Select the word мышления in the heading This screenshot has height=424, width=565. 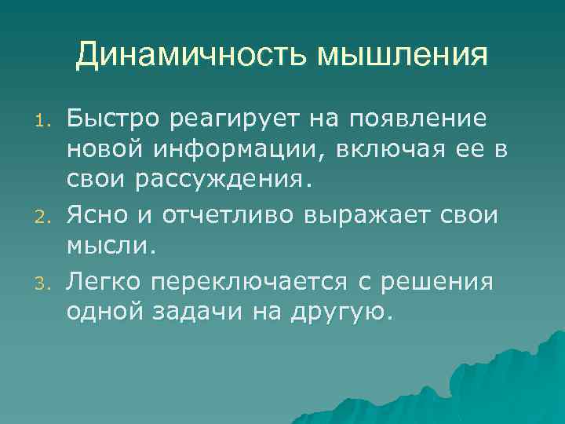pos(402,55)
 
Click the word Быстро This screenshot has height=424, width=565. pos(110,119)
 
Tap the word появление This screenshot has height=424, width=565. pos(414,119)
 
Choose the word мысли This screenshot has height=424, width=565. pos(111,246)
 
